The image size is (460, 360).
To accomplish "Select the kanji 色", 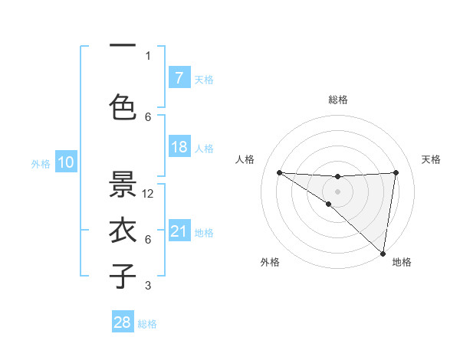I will (123, 106).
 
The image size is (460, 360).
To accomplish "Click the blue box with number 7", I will (179, 77).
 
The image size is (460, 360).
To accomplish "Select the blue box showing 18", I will (179, 147).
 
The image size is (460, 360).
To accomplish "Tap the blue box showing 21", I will (179, 231).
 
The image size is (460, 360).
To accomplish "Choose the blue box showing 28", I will (123, 322).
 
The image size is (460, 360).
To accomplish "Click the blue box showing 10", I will (66, 162).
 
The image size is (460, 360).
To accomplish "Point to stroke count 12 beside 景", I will (149, 194).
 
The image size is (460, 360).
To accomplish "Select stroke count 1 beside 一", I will (148, 55).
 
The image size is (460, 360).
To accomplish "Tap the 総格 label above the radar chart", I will (337, 100).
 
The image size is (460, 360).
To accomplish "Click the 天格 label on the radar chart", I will (431, 159).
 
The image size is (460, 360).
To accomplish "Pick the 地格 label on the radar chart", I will (402, 262).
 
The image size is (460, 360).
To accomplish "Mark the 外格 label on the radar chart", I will (269, 262).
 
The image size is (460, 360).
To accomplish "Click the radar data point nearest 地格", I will (383, 253).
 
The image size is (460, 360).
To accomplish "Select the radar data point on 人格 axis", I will (279, 172).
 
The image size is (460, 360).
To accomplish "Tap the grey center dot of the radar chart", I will (337, 191).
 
